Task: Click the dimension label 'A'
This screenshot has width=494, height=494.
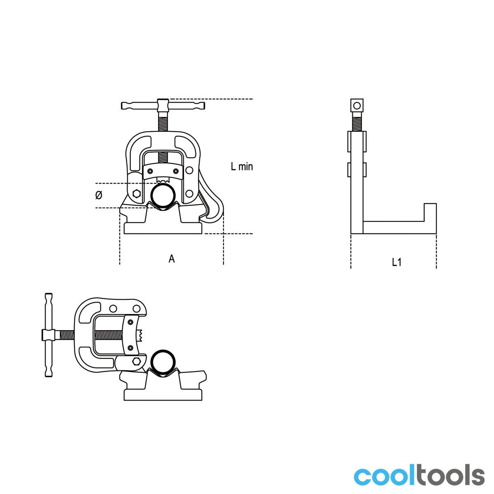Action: pos(172,259)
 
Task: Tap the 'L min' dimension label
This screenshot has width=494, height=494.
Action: pos(242,166)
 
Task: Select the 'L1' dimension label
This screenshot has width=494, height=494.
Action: pos(396,262)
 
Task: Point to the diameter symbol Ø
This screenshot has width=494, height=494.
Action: pos(99,195)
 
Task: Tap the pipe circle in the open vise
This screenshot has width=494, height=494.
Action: pos(163,363)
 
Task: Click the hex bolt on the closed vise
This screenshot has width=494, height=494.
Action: pos(136,194)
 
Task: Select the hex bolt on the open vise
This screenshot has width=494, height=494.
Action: pos(136,361)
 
